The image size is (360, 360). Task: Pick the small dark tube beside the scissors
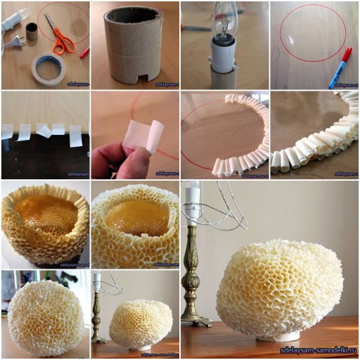point(32,31)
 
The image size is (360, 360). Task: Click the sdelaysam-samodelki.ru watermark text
point(316,350)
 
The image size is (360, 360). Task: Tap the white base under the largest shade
point(278,337)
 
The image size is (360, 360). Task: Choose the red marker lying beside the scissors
point(84,52)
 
